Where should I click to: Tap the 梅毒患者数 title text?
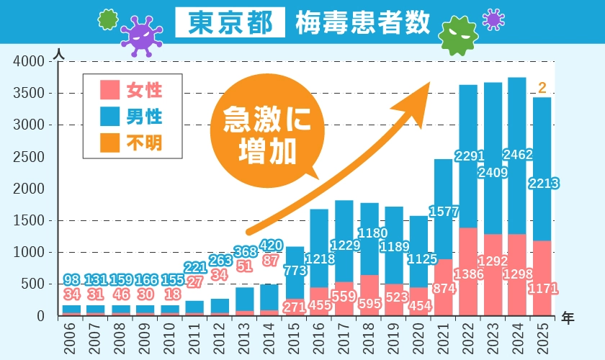tap(362, 23)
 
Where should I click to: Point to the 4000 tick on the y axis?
tap(31, 62)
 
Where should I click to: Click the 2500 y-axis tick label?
tap(31, 157)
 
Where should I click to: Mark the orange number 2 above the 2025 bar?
tap(542, 88)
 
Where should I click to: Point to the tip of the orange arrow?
tap(429, 83)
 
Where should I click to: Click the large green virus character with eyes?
tap(459, 35)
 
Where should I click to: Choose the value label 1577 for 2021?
tap(443, 212)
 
